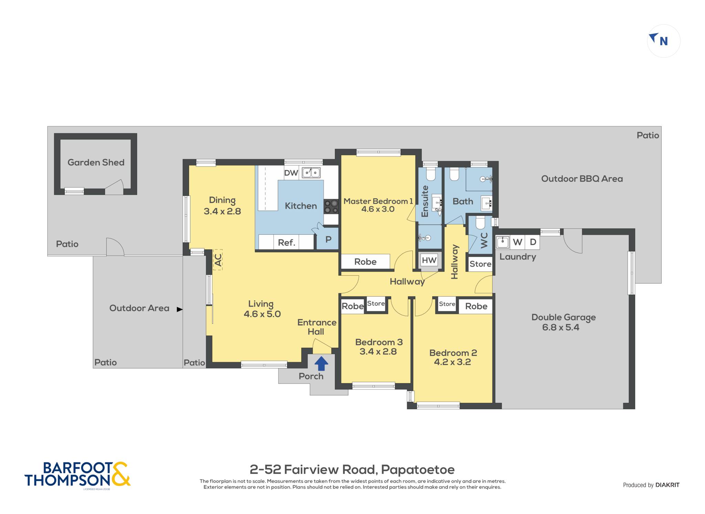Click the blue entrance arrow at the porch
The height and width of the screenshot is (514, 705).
(x=321, y=363)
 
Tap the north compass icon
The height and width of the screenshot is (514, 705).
(x=663, y=41)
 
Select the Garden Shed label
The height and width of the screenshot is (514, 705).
(x=96, y=162)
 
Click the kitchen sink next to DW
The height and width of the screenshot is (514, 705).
(x=311, y=172)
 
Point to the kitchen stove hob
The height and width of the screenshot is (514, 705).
(x=331, y=206)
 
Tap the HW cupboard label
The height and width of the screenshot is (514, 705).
(x=429, y=260)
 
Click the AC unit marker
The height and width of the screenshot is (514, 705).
(x=218, y=259)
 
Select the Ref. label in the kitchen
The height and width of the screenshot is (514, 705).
(x=286, y=243)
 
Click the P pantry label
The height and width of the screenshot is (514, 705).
(x=328, y=239)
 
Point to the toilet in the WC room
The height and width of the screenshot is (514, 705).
(x=481, y=223)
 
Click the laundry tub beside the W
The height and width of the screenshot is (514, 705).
(x=503, y=242)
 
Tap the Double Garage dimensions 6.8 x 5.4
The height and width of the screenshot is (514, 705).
(x=561, y=327)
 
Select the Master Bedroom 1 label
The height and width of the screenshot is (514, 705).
(x=378, y=201)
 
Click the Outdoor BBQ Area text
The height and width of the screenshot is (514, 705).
(x=582, y=179)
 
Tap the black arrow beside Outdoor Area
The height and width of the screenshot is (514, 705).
(x=179, y=309)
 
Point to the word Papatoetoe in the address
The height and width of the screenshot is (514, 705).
(x=418, y=470)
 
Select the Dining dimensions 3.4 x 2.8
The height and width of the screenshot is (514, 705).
(x=222, y=211)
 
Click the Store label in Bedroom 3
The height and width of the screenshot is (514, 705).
(x=376, y=303)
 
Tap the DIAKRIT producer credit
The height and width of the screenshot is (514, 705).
(x=667, y=485)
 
